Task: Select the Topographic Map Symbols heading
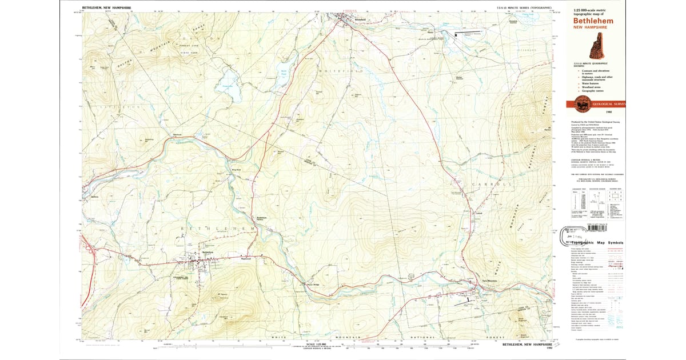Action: [x=597, y=242]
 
